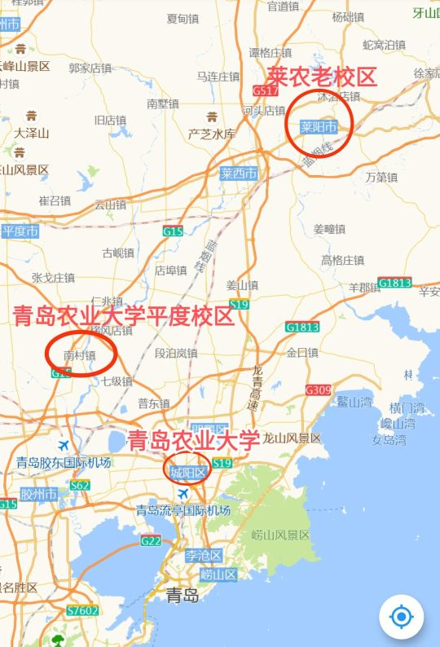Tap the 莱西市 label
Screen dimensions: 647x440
click(239, 174)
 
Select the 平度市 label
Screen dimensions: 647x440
click(20, 231)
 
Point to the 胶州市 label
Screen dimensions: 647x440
click(38, 494)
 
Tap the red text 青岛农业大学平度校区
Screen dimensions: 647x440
click(124, 316)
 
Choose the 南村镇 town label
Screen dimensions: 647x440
click(79, 355)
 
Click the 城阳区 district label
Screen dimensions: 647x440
click(189, 472)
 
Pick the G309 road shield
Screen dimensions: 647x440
click(319, 390)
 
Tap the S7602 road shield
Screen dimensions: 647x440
click(82, 610)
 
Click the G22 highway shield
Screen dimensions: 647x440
click(151, 540)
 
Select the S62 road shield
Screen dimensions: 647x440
click(79, 486)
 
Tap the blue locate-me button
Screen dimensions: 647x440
click(402, 617)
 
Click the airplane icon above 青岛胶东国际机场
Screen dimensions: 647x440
click(64, 446)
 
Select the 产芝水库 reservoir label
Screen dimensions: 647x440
click(212, 134)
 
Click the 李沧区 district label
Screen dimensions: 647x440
click(203, 556)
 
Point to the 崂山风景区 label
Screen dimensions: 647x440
click(281, 535)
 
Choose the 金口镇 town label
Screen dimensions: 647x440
click(302, 353)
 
